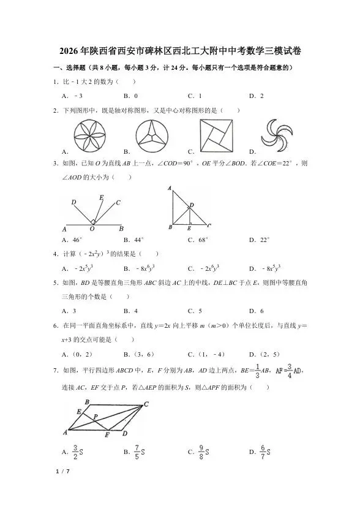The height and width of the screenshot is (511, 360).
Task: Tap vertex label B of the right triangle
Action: tap(170, 227)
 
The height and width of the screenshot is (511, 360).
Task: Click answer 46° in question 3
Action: tap(77, 240)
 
